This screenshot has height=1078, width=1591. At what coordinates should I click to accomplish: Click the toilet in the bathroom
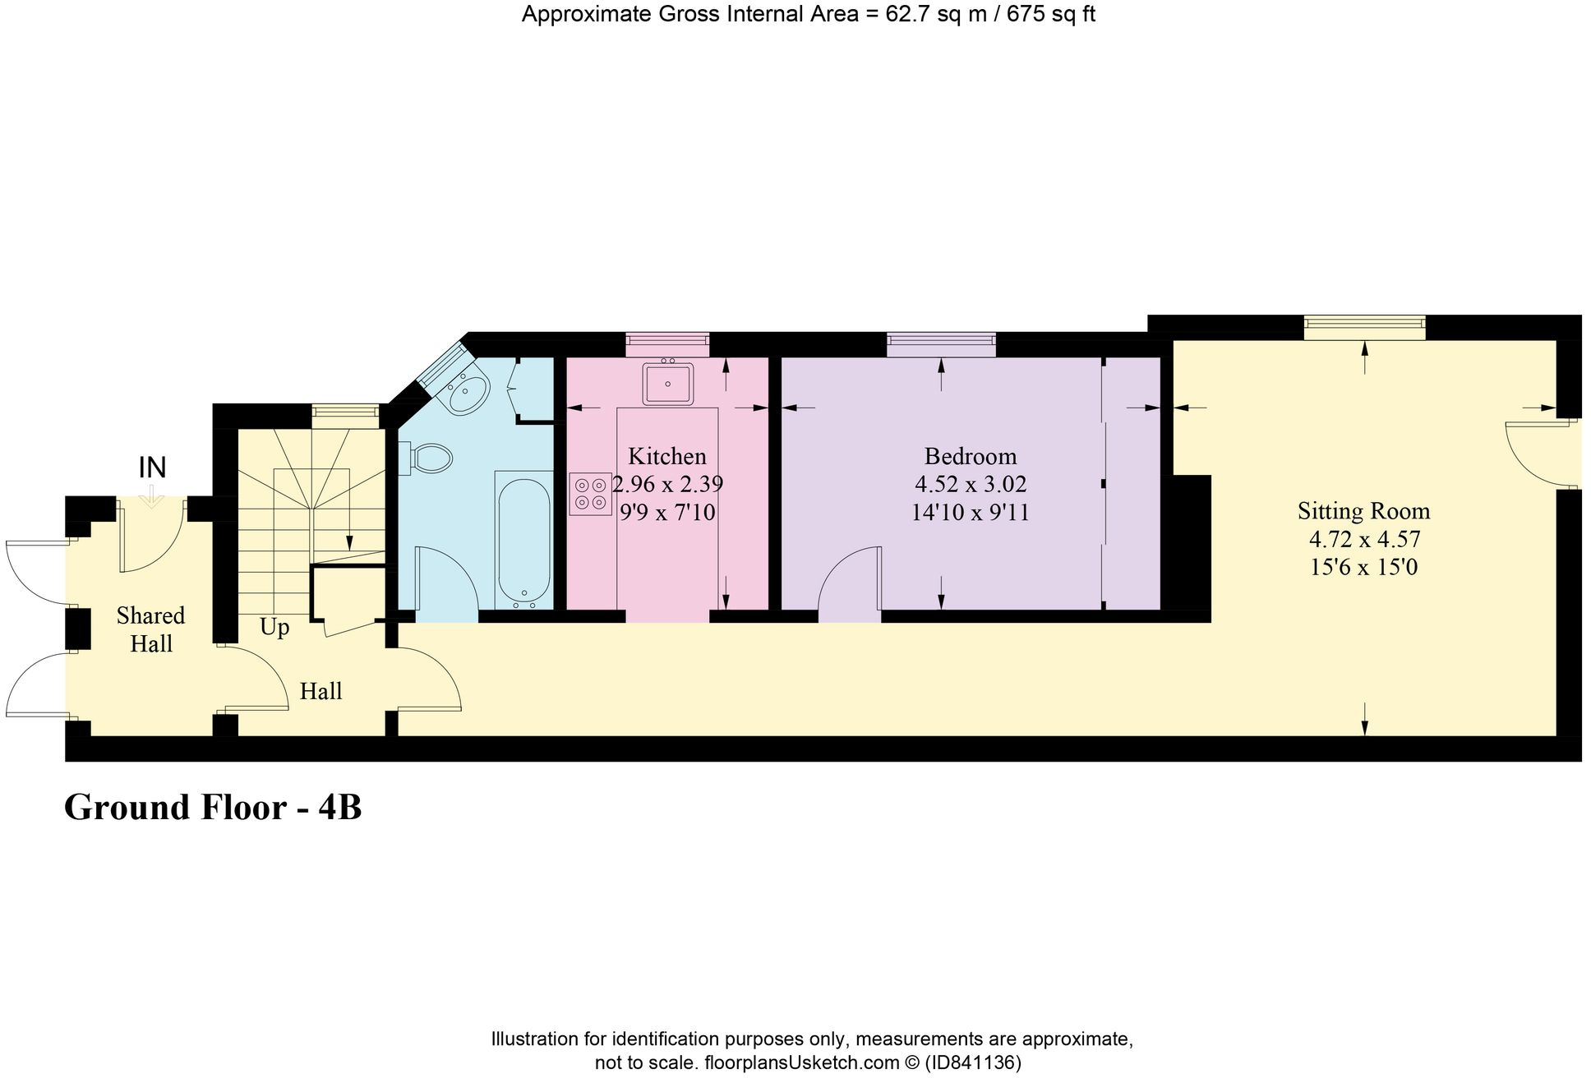431,458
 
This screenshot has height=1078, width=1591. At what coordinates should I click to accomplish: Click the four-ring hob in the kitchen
590,494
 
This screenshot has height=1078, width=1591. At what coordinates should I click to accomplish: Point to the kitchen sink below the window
667,384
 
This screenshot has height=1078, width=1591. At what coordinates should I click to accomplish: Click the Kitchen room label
666,456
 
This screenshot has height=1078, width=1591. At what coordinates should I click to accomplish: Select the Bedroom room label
970,456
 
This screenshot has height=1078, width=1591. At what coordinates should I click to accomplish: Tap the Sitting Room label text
1363,511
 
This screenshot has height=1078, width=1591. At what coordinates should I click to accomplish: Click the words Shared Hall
150,629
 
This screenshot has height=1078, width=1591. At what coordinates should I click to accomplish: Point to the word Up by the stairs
274,628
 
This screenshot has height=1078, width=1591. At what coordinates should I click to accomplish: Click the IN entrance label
152,468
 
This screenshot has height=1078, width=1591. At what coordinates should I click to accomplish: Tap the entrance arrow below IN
152,497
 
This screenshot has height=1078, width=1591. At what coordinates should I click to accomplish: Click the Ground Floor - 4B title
213,807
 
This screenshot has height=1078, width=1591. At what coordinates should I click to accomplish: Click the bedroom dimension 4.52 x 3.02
970,484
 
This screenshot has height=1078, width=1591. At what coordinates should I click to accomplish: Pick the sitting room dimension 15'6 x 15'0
1363,567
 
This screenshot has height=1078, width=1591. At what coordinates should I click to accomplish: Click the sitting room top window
1364,326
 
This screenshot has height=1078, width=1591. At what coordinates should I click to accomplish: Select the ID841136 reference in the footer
973,1062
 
